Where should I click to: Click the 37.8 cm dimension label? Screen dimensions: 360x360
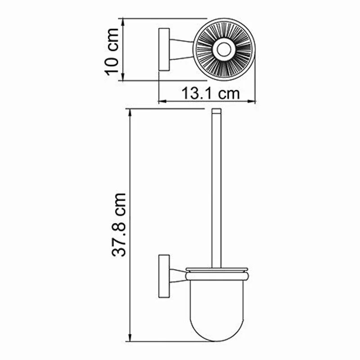point(119,225)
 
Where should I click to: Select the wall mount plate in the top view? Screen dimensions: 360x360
point(163,49)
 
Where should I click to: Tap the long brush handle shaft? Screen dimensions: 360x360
point(216,189)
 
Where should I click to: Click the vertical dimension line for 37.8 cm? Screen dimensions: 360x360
point(130,225)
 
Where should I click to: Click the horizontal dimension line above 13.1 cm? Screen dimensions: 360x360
point(207,103)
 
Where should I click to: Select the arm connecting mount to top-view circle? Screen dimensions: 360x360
point(181,49)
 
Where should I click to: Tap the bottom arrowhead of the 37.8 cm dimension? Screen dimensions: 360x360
point(130,338)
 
